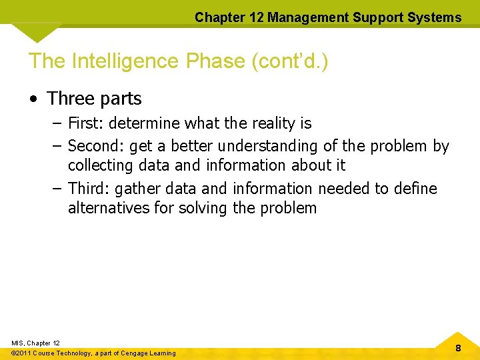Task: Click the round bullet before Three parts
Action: [x=33, y=99]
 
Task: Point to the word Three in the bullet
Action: [x=71, y=99]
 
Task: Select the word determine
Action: [x=144, y=123]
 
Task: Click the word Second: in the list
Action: [x=93, y=146]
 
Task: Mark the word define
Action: [x=415, y=189]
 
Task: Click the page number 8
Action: [x=458, y=348]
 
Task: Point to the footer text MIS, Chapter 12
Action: [x=35, y=343]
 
